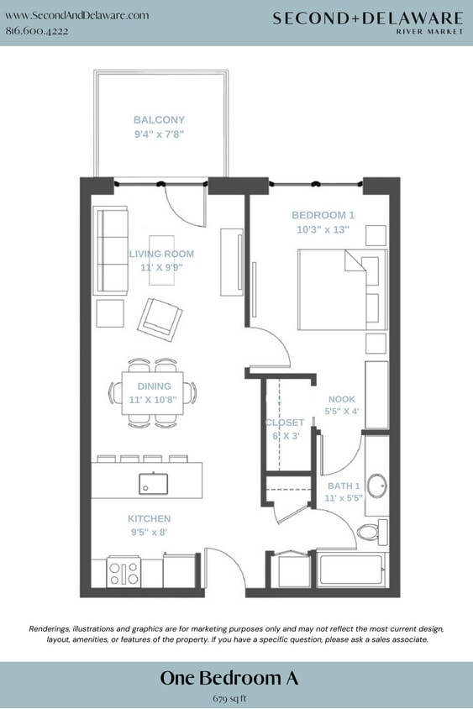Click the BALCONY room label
159,120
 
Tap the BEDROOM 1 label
323,215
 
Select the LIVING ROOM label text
161,254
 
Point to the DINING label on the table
155,386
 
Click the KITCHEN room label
149,519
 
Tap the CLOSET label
284,423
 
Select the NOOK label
341,400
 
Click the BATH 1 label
343,486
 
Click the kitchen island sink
153,484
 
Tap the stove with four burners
124,574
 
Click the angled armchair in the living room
160,319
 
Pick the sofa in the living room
110,249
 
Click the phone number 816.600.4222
37,30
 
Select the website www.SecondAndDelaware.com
77,15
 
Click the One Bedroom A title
229,678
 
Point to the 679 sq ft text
229,697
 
